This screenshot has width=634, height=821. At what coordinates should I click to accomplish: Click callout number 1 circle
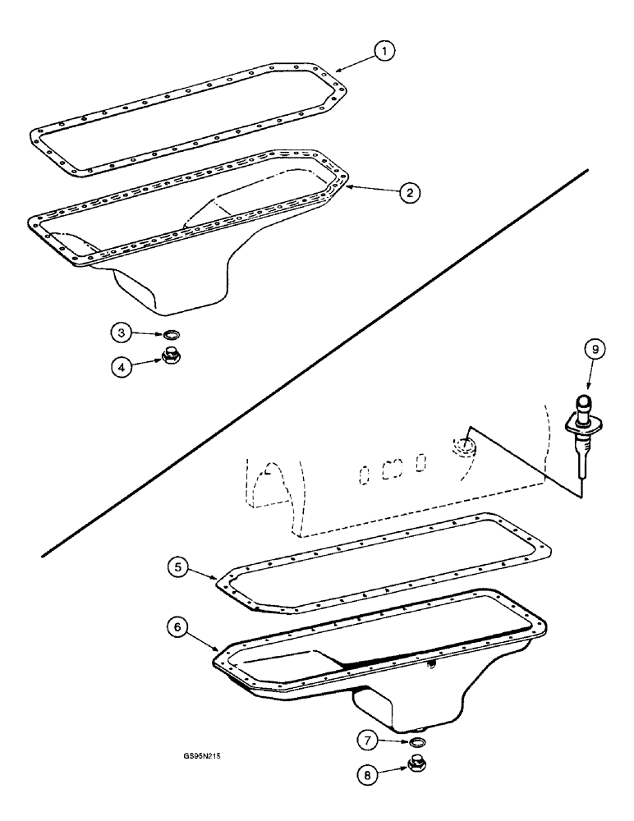click(381, 52)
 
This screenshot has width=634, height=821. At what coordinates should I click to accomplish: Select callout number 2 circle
click(409, 192)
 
